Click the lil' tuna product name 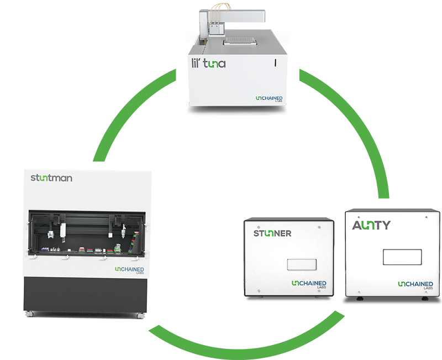pyautogui.click(x=209, y=63)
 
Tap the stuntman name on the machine pyautogui.click(x=51, y=178)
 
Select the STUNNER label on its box pyautogui.click(x=272, y=233)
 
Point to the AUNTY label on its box pyautogui.click(x=371, y=225)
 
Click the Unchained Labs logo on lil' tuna pyautogui.click(x=269, y=98)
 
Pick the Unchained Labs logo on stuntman pyautogui.click(x=129, y=270)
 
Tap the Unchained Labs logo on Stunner pyautogui.click(x=309, y=284)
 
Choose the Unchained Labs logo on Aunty pyautogui.click(x=415, y=285)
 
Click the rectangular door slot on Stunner pyautogui.click(x=302, y=264)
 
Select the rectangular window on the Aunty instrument pyautogui.click(x=402, y=257)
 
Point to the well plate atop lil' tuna pyautogui.click(x=240, y=41)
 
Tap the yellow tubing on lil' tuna pyautogui.click(x=220, y=11)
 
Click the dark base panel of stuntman pyautogui.click(x=85, y=294)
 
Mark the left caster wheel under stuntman pyautogui.click(x=29, y=314)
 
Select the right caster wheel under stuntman pyautogui.click(x=140, y=316)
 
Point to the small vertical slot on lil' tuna pyautogui.click(x=275, y=63)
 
